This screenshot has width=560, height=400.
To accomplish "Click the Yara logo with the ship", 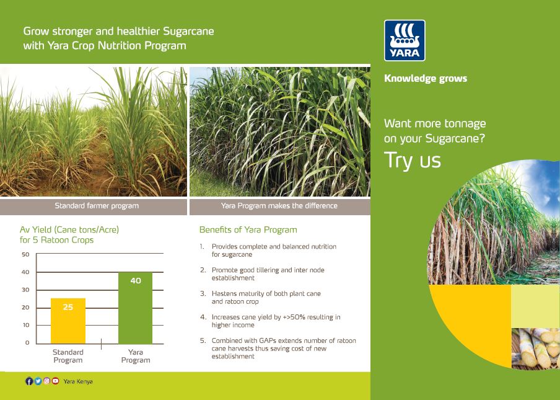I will pyautogui.click(x=405, y=40).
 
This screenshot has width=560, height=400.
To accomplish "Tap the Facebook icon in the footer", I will pyautogui.click(x=29, y=381).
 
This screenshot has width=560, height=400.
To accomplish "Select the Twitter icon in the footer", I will pyautogui.click(x=38, y=381).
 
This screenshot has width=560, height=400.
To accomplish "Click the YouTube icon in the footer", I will pyautogui.click(x=56, y=381).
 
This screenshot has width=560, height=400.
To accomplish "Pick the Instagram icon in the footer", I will pyautogui.click(x=46, y=381).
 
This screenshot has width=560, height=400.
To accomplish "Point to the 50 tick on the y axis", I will pyautogui.click(x=25, y=254).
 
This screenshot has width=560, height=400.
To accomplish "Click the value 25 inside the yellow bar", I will pyautogui.click(x=68, y=307).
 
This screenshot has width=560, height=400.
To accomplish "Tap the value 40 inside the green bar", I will pyautogui.click(x=135, y=281).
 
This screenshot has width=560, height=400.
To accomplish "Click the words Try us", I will pyautogui.click(x=413, y=160).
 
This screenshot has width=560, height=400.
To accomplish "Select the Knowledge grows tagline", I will pyautogui.click(x=426, y=79).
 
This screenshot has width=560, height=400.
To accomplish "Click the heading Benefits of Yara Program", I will pyautogui.click(x=248, y=229).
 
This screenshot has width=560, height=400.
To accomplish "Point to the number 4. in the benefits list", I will pyautogui.click(x=203, y=317).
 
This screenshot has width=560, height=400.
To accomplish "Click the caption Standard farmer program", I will pyautogui.click(x=97, y=206).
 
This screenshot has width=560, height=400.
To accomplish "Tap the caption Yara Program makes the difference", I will pyautogui.click(x=279, y=206).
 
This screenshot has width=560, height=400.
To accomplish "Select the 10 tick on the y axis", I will pyautogui.click(x=25, y=325).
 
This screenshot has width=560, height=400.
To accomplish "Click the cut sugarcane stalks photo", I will pyautogui.click(x=535, y=349).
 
